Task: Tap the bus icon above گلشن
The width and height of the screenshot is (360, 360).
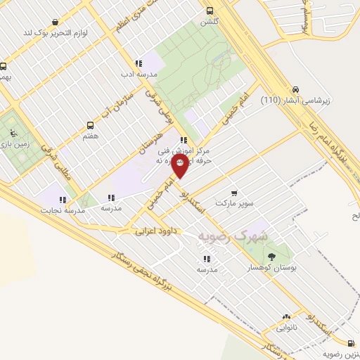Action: click(x=210, y=11)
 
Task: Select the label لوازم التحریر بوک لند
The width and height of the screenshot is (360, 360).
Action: click(x=56, y=32)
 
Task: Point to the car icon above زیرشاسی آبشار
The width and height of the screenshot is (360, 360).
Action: click(x=296, y=90)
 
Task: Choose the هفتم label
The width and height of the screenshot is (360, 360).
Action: click(x=90, y=135)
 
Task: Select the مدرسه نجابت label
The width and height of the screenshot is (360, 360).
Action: click(x=62, y=210)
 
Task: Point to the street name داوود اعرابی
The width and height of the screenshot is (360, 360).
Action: click(x=155, y=230)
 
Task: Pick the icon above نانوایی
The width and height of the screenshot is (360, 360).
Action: click(x=286, y=317)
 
